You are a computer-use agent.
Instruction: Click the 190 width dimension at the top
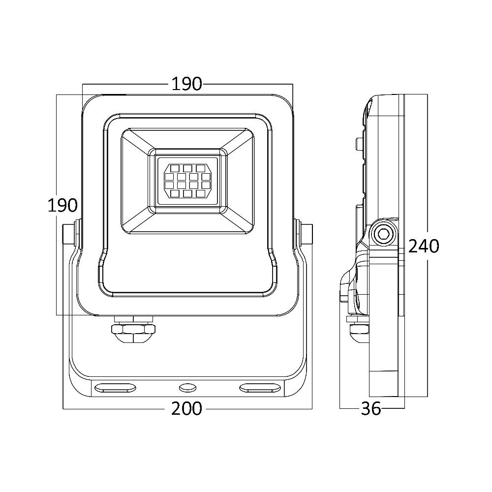pos(187,84)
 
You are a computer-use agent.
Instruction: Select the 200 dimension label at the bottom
pos(187,408)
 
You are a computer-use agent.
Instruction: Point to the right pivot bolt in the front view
pos(306,234)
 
